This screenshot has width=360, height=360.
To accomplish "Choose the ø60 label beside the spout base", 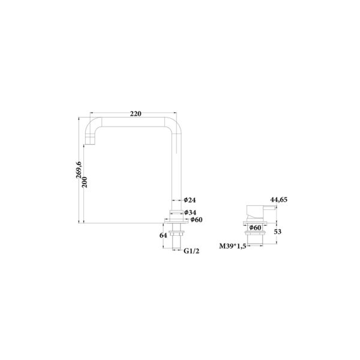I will (x=196, y=220).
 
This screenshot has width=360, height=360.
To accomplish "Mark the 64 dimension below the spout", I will (x=163, y=235).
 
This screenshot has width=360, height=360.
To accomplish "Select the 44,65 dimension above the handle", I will (x=280, y=199).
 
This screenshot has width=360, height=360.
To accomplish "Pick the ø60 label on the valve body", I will (x=255, y=228).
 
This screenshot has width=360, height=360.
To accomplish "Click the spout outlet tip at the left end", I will (x=92, y=142).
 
